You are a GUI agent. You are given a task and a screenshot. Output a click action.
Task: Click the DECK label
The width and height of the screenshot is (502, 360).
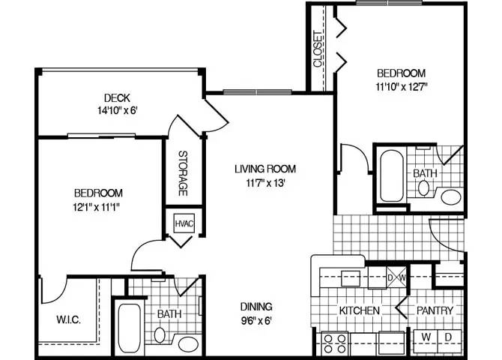(x=117, y=98)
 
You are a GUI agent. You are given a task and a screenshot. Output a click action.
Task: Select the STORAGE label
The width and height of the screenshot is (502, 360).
(x=182, y=174)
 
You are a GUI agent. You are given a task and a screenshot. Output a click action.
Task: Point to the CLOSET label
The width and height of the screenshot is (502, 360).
(x=318, y=49)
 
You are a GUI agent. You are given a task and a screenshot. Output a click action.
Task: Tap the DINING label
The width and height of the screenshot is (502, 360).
(x=255, y=307)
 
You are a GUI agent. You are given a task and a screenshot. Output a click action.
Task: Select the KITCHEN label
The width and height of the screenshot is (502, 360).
(x=360, y=310)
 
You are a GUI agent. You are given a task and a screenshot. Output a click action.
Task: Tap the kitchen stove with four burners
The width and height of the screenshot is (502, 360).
(x=333, y=344)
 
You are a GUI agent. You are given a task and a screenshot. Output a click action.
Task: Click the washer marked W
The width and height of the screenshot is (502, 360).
(x=425, y=337)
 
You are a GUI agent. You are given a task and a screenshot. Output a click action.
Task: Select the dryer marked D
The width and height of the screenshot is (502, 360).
(x=449, y=337)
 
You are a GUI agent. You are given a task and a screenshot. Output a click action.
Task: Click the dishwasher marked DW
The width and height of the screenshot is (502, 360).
(x=395, y=278)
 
